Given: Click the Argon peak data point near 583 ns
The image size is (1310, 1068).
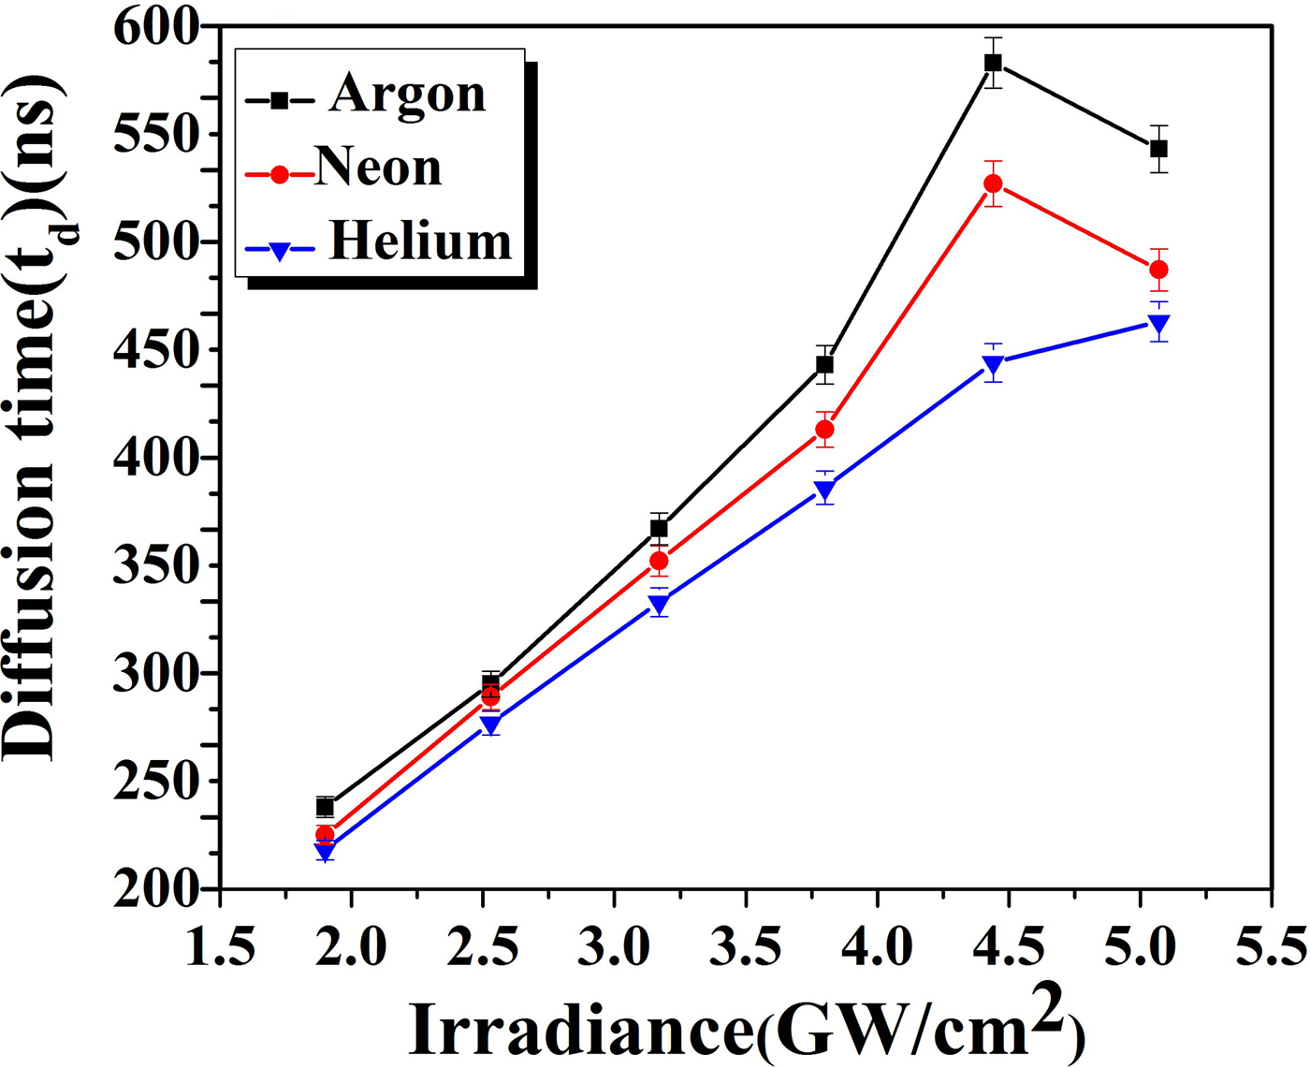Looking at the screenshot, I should coord(993,63).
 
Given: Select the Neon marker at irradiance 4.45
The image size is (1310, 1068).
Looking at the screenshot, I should coord(993,183).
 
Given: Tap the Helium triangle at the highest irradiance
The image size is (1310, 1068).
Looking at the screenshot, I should coord(1158,325).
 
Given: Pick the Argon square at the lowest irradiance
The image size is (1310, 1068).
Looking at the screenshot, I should coord(325,807).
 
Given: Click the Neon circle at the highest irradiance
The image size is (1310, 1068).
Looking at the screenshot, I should coord(1158,270).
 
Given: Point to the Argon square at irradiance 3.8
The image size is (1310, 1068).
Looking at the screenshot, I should coord(824,364).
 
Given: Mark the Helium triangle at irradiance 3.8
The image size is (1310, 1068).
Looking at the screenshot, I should coord(824,490).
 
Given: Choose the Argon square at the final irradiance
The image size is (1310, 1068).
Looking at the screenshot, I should coord(1158,149).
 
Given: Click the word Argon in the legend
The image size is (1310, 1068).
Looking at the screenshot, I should coord(407,95).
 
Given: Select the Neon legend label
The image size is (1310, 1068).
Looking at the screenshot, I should coord(378,168).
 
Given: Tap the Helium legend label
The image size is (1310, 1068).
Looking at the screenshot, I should coord(420,241).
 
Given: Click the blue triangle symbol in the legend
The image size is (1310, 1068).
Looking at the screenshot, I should coord(279,251).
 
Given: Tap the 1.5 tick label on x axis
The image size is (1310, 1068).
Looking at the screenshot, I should coord(220,946).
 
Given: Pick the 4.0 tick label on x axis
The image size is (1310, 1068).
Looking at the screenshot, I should coord(877,946).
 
